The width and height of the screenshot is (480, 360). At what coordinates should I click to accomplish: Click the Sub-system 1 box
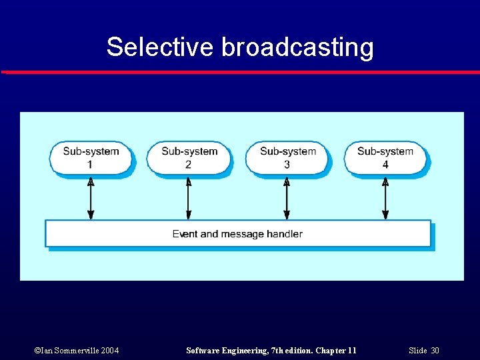(91, 158)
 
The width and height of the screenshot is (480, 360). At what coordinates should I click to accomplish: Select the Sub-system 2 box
(189, 158)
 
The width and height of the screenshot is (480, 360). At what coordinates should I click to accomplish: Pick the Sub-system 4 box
(385, 158)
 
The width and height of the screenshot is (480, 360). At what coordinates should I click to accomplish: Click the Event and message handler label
(237, 234)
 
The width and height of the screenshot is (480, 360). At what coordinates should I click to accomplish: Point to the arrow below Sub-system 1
(91, 198)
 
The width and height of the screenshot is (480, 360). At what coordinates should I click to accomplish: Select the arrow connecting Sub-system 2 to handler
(189, 198)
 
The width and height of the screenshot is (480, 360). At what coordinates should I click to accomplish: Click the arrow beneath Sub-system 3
(287, 198)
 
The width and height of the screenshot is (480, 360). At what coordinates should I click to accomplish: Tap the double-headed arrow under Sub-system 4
(385, 198)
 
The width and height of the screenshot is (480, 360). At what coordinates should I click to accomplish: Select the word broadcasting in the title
(297, 47)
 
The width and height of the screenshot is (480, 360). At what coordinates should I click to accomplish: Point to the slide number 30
(435, 351)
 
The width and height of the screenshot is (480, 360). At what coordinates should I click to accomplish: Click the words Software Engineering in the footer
(221, 351)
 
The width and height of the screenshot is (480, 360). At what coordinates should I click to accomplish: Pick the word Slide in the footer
(417, 351)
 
